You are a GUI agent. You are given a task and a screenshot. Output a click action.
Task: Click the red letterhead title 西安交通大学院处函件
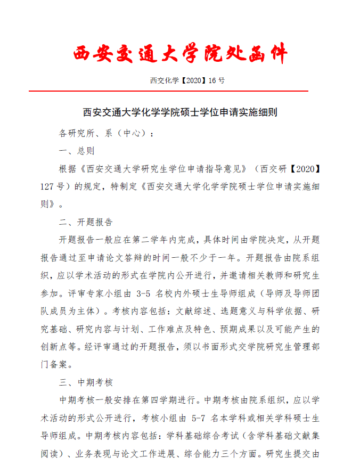pos(180,54)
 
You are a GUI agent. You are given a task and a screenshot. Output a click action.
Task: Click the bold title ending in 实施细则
pos(180,112)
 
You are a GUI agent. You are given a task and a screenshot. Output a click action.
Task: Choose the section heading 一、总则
pos(77,151)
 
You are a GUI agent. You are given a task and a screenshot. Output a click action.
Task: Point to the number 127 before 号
pos(49,186)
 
